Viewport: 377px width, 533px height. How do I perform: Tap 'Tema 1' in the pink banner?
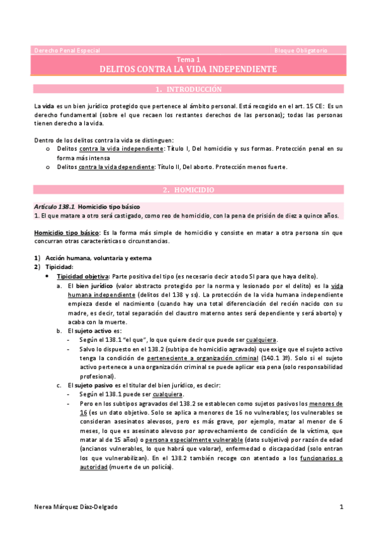189,58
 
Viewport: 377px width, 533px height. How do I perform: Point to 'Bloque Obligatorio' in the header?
301,50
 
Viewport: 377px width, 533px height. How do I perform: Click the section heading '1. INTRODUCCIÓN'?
189,89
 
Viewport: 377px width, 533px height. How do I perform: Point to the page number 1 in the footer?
340,507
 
